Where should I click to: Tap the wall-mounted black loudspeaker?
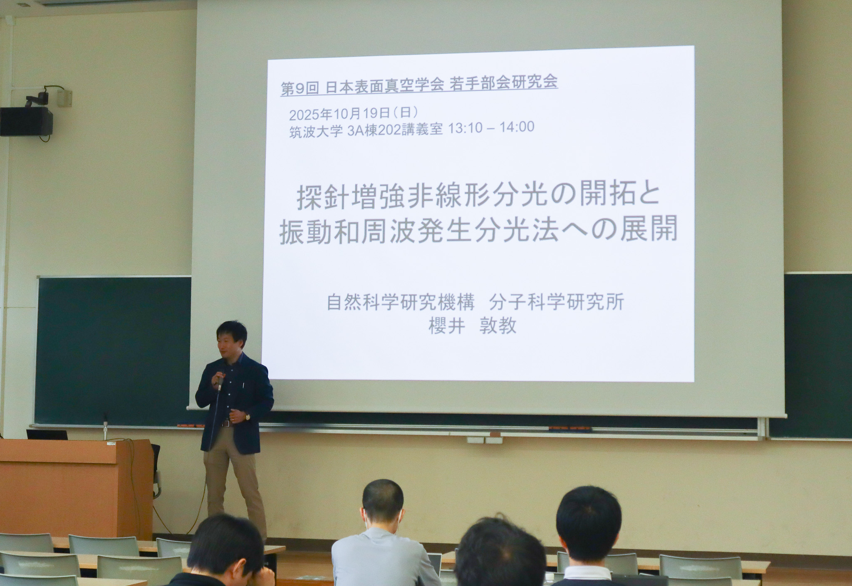26,121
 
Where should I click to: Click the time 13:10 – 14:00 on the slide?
490,127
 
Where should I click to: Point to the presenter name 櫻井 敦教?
473,325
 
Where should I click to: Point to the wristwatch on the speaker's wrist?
247,415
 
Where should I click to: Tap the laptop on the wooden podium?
47,435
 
